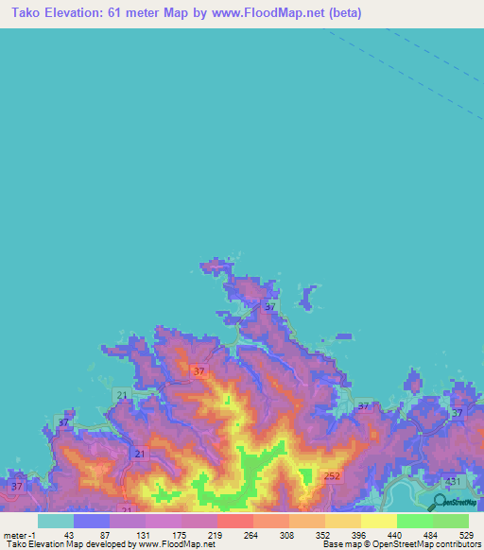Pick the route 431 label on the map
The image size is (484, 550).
click(454, 482)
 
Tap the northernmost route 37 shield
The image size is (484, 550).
click(270, 307)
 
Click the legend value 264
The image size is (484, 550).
click(251, 534)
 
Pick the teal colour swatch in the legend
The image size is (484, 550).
click(55, 520)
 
